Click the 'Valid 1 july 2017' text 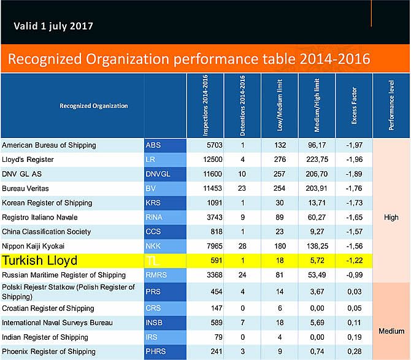[53, 26]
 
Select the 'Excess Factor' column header [354, 105]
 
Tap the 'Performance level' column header [391, 105]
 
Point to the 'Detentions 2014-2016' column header [242, 105]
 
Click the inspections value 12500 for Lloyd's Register [207, 159]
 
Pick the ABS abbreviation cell [165, 145]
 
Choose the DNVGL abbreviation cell [165, 174]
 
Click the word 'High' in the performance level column [391, 217]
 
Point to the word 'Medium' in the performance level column [391, 331]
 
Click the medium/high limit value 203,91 [317, 188]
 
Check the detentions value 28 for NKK [243, 246]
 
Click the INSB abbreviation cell [165, 322]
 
